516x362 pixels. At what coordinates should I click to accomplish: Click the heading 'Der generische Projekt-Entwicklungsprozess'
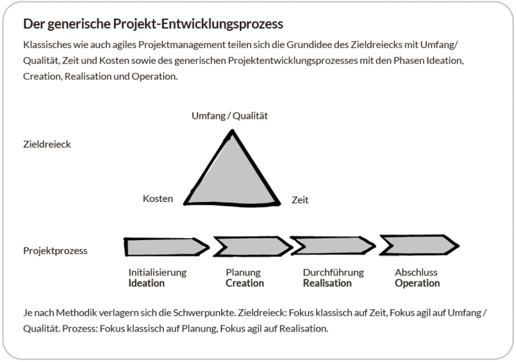[x=153, y=25]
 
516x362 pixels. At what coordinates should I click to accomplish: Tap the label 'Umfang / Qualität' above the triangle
[x=229, y=116]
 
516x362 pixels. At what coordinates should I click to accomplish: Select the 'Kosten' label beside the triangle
[x=158, y=199]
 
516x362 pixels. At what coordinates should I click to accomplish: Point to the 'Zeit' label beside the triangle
[x=300, y=200]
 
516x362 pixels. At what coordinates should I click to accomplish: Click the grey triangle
[x=232, y=176]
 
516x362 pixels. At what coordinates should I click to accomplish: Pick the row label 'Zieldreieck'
[x=47, y=144]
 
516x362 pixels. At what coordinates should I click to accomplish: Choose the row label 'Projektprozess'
[x=56, y=250]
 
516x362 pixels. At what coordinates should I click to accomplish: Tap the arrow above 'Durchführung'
[x=333, y=246]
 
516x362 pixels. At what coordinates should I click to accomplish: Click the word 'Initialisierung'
[x=157, y=272]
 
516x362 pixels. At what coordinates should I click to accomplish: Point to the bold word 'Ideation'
[x=146, y=283]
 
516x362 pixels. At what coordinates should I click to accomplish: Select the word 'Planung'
[x=243, y=272]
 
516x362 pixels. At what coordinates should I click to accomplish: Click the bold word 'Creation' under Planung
[x=245, y=283]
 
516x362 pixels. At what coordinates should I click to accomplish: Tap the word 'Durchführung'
[x=333, y=272]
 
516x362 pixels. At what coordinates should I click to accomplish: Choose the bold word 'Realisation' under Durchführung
[x=327, y=283]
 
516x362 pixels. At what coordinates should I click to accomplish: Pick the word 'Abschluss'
[x=416, y=272]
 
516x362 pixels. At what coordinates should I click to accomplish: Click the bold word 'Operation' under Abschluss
[x=417, y=283]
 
